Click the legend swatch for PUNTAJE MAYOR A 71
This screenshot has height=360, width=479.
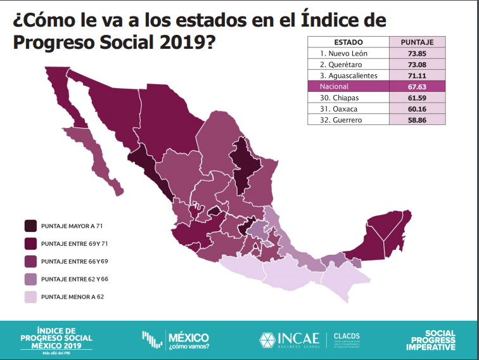click(30, 226)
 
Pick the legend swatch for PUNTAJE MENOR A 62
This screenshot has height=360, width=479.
click(30, 297)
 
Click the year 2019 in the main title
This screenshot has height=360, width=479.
click(179, 44)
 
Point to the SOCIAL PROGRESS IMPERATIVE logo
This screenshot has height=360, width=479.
click(431, 340)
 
